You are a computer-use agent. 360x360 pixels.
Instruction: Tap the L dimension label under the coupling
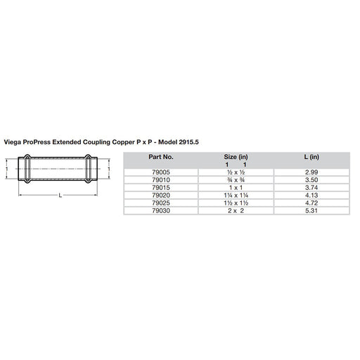61,196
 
